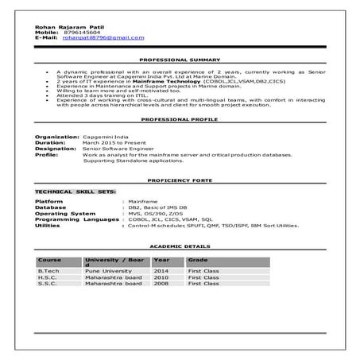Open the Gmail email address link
(x=103, y=37)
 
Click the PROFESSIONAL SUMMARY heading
(x=180, y=60)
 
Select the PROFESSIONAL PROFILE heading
(x=180, y=118)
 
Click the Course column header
(x=49, y=261)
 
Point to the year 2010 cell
(x=161, y=277)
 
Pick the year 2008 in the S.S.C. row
(x=161, y=284)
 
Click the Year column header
(x=161, y=261)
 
